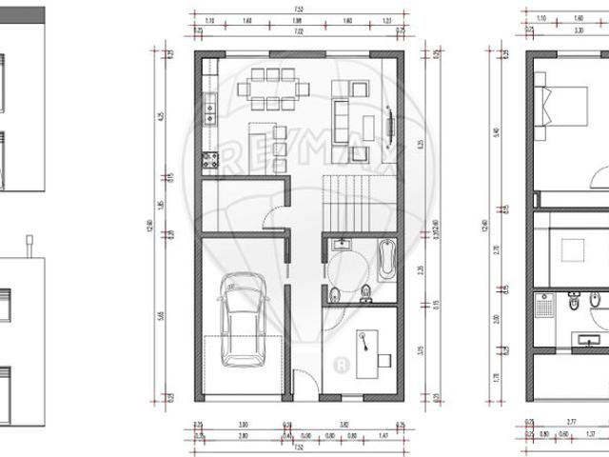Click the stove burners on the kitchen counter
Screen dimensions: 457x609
click(x=208, y=162)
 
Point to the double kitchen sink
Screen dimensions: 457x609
click(x=208, y=113)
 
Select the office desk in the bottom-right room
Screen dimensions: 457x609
click(x=370, y=348)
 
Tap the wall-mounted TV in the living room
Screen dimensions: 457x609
click(x=392, y=121)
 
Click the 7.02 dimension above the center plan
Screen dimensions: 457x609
click(x=300, y=31)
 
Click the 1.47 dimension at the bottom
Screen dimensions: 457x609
click(x=383, y=435)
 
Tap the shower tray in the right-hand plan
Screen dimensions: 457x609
click(x=545, y=307)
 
